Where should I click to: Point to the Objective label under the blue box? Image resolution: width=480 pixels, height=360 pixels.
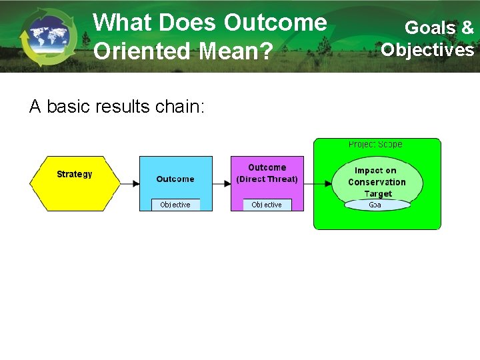pos(175,205)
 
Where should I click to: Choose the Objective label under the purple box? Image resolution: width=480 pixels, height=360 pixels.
pos(267,205)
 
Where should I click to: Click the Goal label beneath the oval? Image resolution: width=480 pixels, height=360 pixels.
pos(376,205)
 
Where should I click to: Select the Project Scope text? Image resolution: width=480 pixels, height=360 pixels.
pos(375,145)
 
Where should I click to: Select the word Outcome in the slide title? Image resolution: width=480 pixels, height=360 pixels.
pos(275,23)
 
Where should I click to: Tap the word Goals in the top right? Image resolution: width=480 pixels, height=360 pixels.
pos(430,28)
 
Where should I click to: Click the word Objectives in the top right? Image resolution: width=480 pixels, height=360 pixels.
pos(428,50)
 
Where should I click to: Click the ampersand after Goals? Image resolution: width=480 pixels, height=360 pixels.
pos(467,28)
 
